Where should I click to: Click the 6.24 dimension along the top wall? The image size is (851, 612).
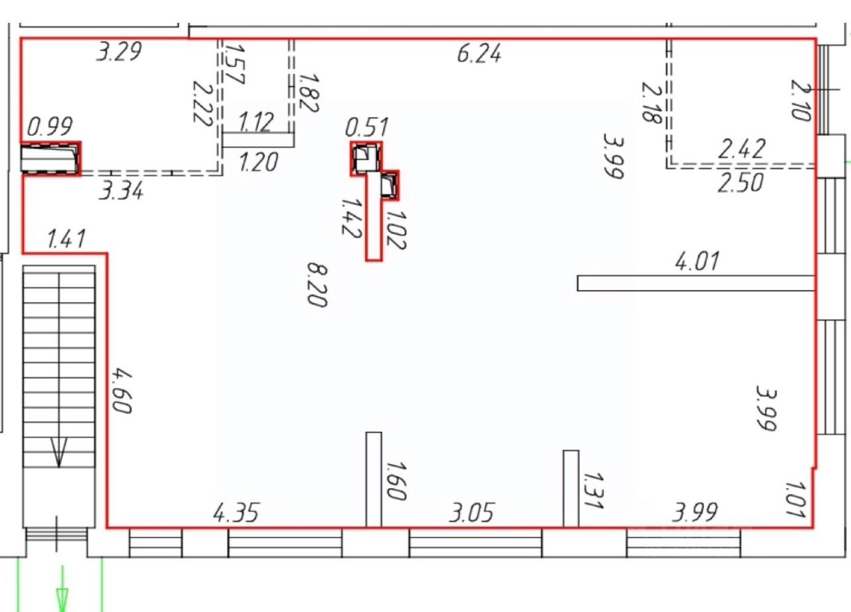[479, 54]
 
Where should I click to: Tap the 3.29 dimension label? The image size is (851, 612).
[119, 51]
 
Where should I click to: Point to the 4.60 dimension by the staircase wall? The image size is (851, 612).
[122, 390]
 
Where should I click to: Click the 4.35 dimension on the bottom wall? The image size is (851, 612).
[236, 512]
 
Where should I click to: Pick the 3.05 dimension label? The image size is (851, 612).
[471, 512]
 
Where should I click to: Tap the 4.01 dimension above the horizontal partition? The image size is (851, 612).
[697, 261]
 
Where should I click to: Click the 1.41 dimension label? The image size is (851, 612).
[66, 239]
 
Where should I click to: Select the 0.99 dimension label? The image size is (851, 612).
[50, 126]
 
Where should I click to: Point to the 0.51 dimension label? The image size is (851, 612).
[366, 127]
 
